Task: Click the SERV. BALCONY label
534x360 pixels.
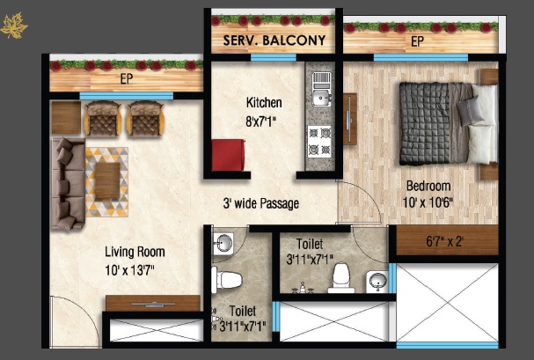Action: tap(274, 40)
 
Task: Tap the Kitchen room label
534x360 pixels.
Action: tap(263, 103)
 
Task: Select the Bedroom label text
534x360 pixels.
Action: tap(428, 187)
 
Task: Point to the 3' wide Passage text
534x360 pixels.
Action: tap(260, 204)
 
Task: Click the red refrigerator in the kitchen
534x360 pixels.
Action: tap(228, 154)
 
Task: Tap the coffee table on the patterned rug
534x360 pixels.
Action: tap(106, 180)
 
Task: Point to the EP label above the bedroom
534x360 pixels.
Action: tap(417, 41)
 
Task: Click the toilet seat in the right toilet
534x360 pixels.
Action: tap(340, 277)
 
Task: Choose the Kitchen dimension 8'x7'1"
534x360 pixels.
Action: tap(263, 121)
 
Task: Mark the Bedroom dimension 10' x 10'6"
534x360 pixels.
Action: tap(428, 203)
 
